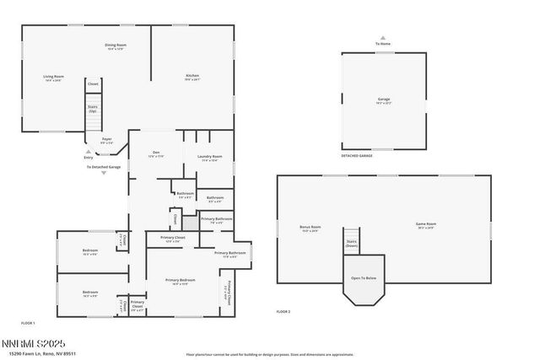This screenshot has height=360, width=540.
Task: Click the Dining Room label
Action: (116, 46)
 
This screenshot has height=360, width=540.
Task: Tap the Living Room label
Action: (54, 78)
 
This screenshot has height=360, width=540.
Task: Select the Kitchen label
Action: (193, 77)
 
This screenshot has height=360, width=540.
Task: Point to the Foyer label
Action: (107, 140)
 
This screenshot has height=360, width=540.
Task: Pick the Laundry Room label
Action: (210, 157)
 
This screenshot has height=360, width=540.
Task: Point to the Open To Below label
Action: (364, 279)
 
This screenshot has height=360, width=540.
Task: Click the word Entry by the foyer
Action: (89, 158)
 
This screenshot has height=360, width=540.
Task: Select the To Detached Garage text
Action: (104, 167)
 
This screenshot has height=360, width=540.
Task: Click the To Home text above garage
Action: (383, 44)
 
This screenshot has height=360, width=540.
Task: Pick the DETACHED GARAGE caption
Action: (357, 156)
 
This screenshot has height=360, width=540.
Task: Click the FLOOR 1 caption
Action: (28, 323)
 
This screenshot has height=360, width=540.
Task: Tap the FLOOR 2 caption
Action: (283, 312)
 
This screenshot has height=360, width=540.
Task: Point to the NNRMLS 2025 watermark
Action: (33, 343)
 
